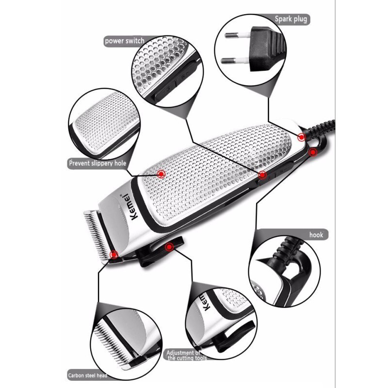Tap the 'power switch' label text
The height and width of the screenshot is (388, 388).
tap(124, 41)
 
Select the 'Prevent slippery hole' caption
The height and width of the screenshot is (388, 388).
tap(97, 163)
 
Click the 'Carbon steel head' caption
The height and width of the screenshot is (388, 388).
tap(87, 375)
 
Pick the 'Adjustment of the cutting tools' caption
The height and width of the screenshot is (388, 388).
tap(186, 355)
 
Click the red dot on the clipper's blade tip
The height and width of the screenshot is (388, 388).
tap(113, 254)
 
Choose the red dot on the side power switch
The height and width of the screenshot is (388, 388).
tap(262, 175)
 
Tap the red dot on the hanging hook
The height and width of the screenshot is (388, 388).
tap(313, 152)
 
